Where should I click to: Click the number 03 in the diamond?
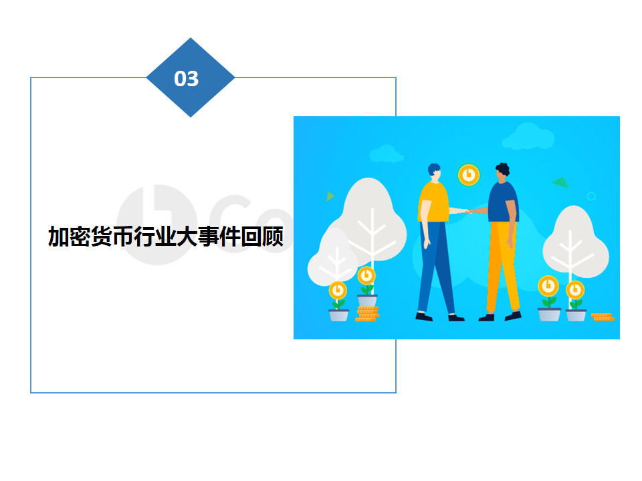[187, 79]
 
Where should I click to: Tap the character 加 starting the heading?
[59, 236]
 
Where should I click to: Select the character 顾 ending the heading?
[273, 236]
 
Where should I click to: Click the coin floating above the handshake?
[469, 175]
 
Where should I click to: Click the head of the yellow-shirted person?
[435, 171]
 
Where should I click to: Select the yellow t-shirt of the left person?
[433, 202]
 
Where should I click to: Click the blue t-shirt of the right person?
[503, 202]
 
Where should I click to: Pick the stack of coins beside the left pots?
[367, 314]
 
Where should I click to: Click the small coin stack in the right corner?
[603, 317]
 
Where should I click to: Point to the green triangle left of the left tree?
[330, 196]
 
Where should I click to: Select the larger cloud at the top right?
[528, 136]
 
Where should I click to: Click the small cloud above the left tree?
[386, 154]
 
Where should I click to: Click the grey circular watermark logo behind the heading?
[157, 224]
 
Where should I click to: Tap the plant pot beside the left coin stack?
[367, 300]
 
